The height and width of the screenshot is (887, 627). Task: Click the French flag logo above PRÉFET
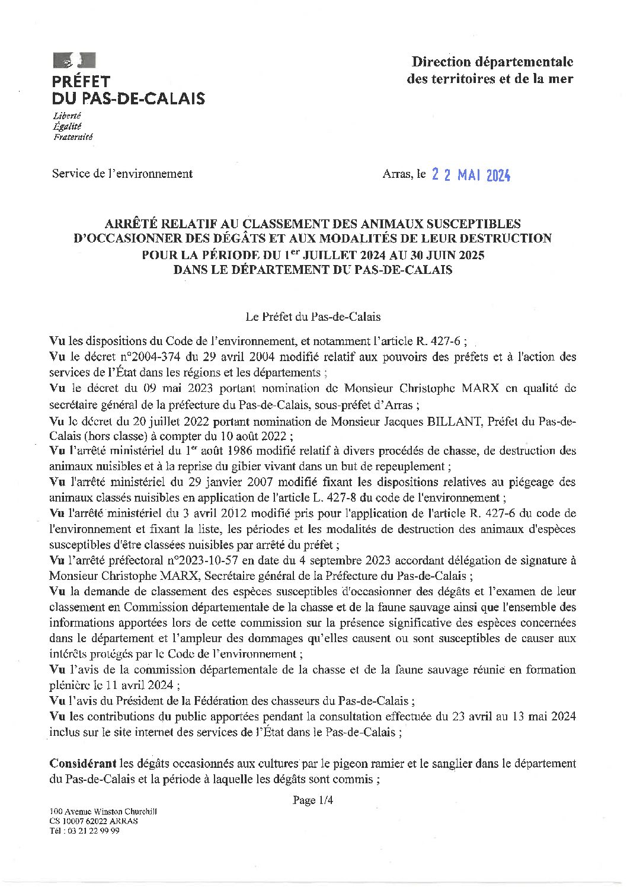(73, 60)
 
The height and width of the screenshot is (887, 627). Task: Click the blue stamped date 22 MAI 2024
(471, 175)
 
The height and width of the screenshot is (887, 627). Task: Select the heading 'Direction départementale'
(492, 62)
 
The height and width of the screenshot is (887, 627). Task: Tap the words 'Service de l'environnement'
(122, 174)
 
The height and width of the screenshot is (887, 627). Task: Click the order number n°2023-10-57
(211, 560)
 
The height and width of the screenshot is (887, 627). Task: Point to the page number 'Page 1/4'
(313, 800)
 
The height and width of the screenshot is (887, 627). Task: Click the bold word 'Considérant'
(82, 764)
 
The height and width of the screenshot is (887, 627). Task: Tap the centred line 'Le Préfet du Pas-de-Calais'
(313, 317)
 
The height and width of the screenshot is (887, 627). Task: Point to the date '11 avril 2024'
(146, 685)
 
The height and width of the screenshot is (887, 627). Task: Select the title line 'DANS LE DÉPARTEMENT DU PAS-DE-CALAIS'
(312, 270)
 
